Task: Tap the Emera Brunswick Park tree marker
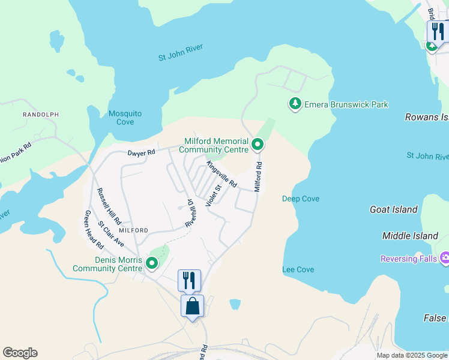click(x=295, y=104)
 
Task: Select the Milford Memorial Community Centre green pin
click(x=258, y=144)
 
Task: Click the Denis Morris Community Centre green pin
click(x=152, y=263)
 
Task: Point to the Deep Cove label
click(x=301, y=199)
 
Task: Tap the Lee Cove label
click(x=298, y=270)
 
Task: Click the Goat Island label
click(x=394, y=209)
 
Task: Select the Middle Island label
click(x=410, y=236)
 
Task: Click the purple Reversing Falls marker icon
click(x=445, y=259)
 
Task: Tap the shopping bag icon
click(x=192, y=306)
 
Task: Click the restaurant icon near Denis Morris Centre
click(x=189, y=280)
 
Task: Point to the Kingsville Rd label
click(x=221, y=174)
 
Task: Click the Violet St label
click(x=214, y=196)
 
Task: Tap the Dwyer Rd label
click(x=141, y=152)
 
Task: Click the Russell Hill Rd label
click(x=109, y=205)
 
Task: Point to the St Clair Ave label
click(x=110, y=234)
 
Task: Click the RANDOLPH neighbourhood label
click(x=41, y=114)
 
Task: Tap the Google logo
click(x=20, y=353)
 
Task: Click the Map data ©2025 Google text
click(x=411, y=355)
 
